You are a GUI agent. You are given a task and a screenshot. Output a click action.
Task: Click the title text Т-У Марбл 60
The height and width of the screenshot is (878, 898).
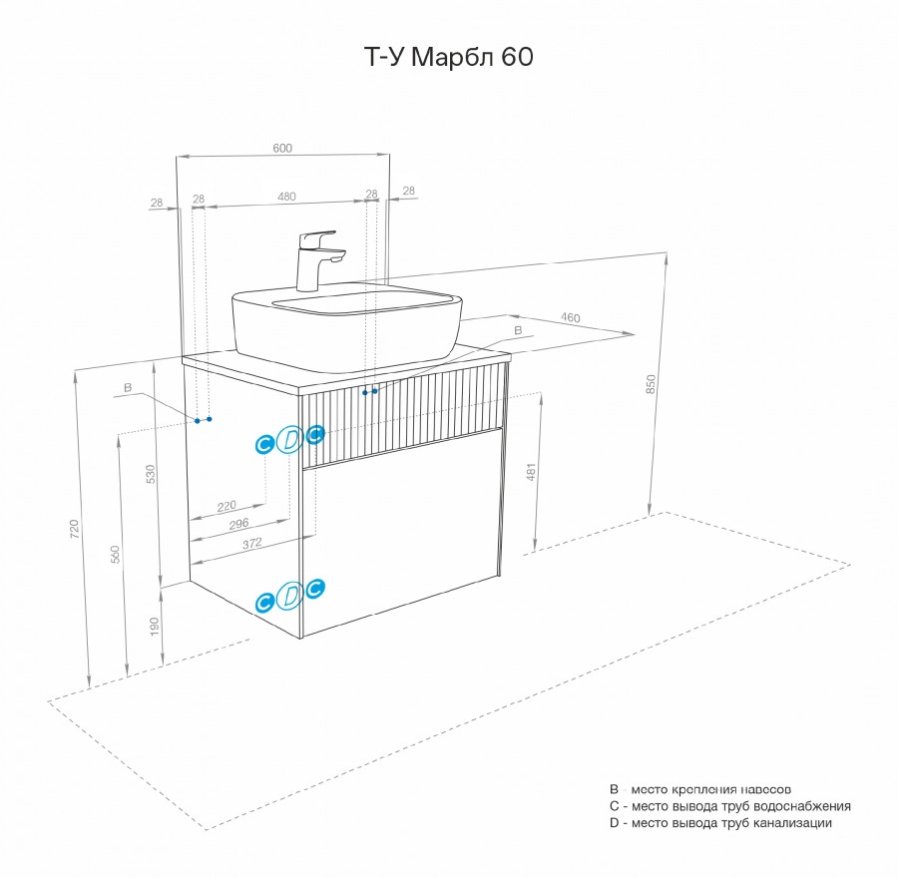pos(446,58)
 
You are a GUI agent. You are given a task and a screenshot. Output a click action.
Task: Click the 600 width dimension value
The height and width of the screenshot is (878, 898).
pos(282,148)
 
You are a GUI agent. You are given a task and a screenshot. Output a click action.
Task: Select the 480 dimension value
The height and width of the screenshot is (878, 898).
pos(286,198)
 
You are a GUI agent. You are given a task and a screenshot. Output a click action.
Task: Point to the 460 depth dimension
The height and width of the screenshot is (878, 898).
pos(570,318)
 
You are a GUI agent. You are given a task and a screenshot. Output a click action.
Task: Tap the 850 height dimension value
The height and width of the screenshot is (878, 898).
pos(650,383)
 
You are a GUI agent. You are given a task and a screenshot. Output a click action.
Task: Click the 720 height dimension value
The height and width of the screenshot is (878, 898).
pos(76,529)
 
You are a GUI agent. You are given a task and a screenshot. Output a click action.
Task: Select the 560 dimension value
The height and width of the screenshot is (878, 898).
pos(115,554)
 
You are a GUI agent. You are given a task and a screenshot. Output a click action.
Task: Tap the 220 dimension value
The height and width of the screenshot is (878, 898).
pos(226,506)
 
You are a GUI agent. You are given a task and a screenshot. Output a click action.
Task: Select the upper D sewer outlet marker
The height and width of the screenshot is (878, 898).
pos(289,439)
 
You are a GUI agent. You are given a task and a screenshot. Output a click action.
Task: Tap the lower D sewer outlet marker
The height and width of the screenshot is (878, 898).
pos(289,596)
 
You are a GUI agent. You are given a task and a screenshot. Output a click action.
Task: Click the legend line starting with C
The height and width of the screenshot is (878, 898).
pos(729,806)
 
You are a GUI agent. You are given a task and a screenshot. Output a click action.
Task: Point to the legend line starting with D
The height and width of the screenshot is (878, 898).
pos(719,823)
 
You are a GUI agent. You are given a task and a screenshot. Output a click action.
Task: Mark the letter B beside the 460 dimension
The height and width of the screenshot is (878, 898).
pos(517,329)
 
